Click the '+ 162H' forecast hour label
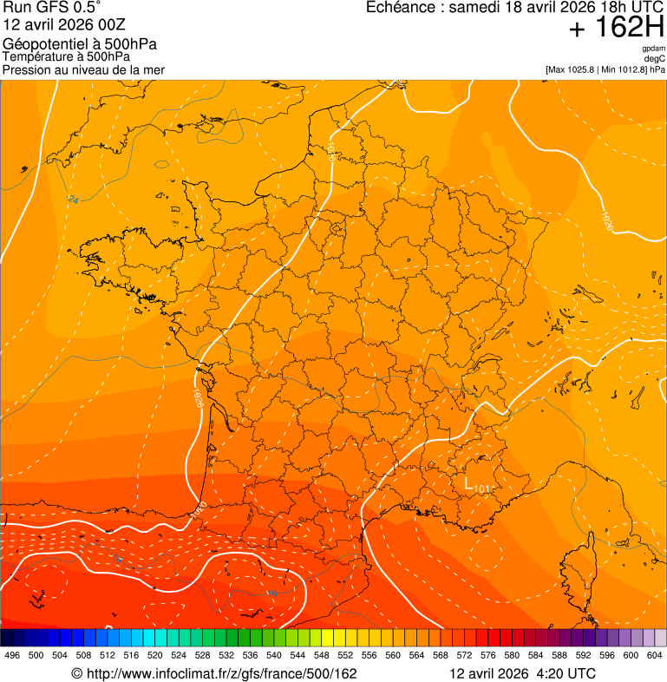coord(616,29)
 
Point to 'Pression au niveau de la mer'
coord(83,69)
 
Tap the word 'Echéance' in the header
coord(400,8)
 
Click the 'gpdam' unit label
coord(654,49)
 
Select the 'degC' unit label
coord(655,59)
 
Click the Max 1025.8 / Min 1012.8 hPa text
coord(605,69)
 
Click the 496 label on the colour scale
coord(12,655)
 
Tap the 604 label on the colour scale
coord(655,655)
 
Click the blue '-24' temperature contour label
coord(73,200)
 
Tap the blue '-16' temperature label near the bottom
coord(271,593)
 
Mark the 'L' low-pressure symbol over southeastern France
coord(468,482)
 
